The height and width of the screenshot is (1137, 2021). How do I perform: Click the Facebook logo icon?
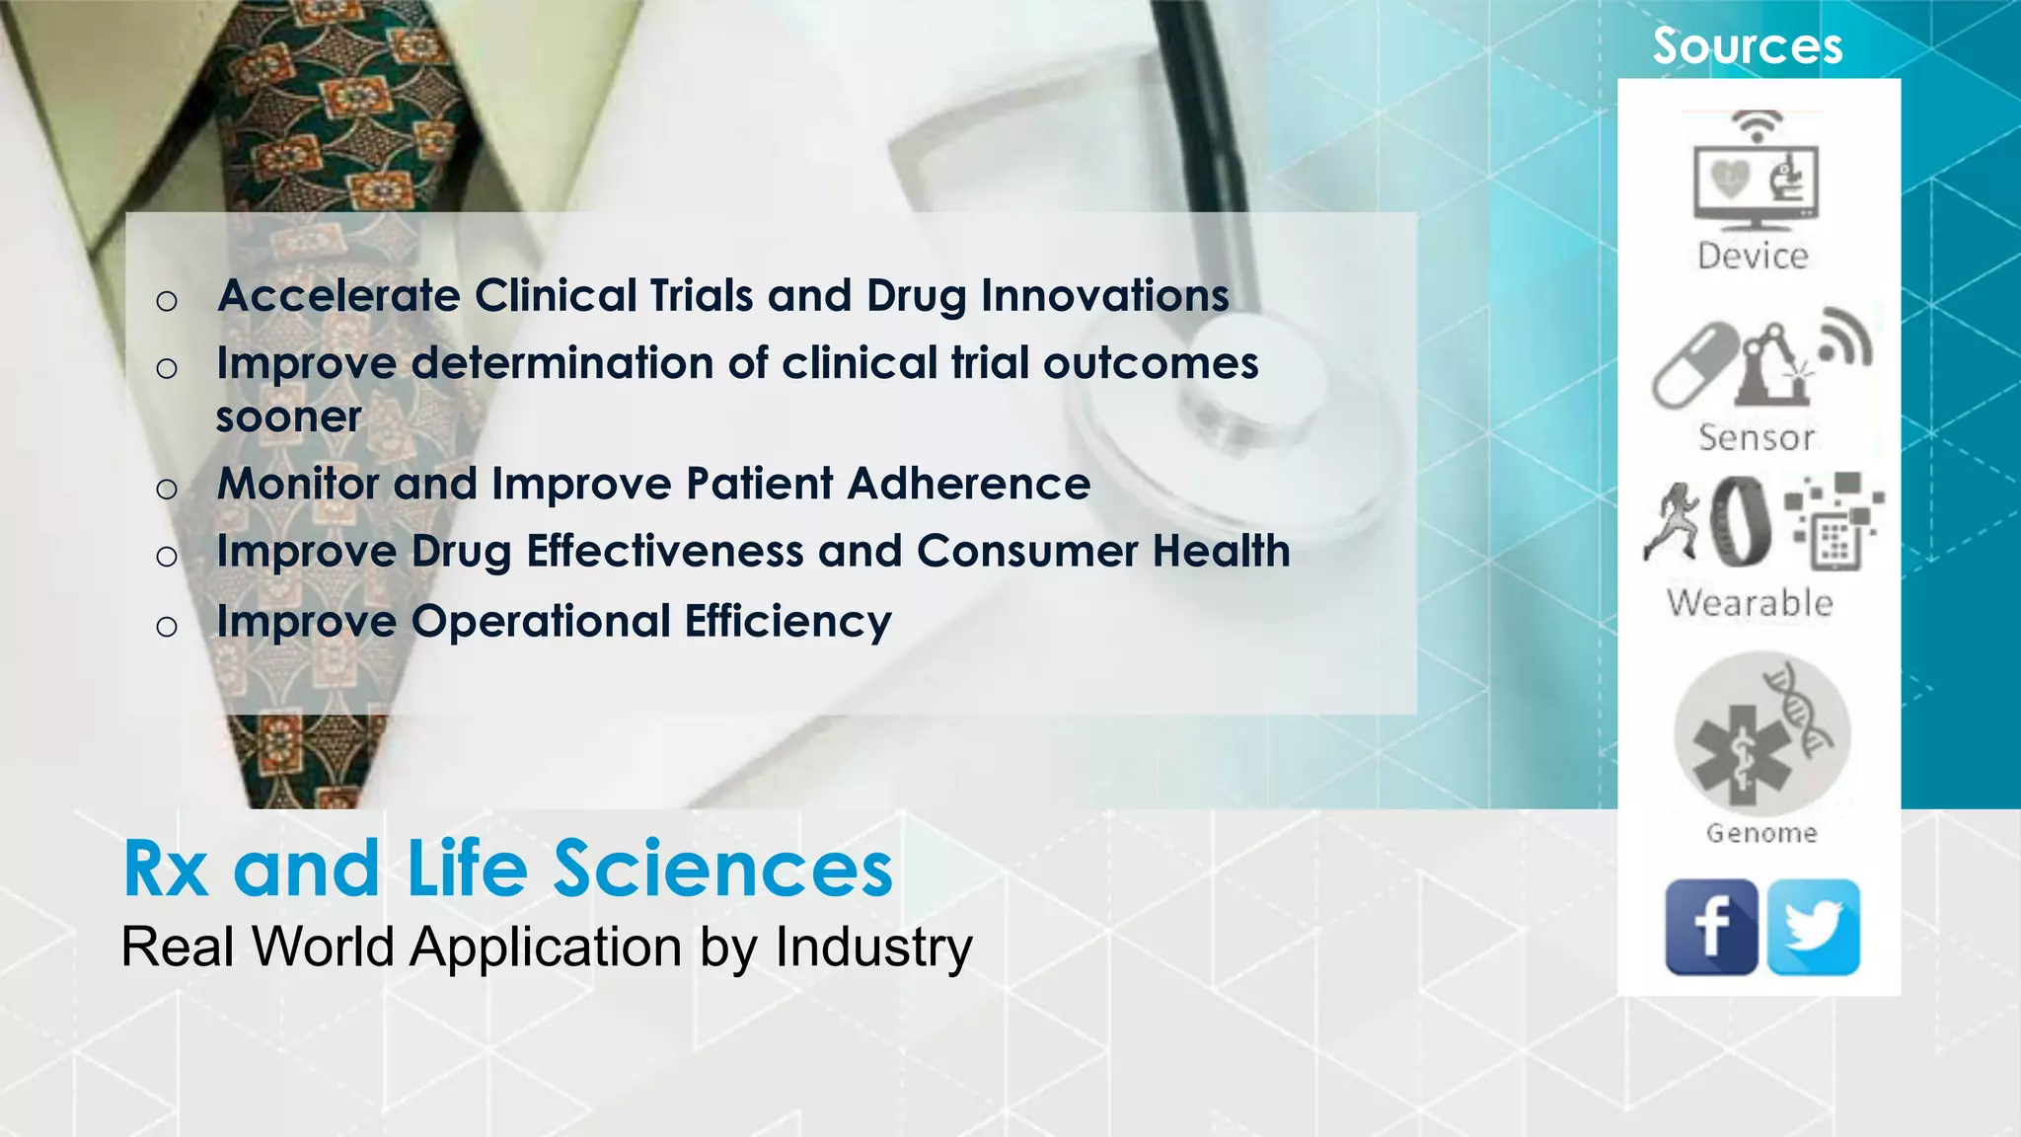[x=1711, y=927]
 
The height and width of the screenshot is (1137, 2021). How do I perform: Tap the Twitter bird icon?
[x=1814, y=927]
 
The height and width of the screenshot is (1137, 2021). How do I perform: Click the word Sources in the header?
[x=1748, y=46]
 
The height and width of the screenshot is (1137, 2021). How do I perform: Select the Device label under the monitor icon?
[x=1753, y=257]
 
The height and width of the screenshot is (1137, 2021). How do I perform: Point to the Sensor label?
[x=1757, y=437]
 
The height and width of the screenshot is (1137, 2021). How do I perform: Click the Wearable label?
[x=1750, y=603]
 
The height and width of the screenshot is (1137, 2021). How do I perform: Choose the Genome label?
[x=1761, y=834]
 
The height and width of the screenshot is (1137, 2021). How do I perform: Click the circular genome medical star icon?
[x=1761, y=735]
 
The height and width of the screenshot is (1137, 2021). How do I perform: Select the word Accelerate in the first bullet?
[x=338, y=296]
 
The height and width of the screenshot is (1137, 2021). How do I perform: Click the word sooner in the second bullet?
[x=288, y=417]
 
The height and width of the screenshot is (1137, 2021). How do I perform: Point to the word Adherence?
[x=968, y=484]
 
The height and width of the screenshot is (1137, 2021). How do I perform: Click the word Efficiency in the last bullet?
[x=787, y=622]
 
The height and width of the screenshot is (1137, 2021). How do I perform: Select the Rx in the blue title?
[x=166, y=870]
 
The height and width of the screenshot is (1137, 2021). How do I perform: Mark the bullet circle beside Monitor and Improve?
[x=167, y=489]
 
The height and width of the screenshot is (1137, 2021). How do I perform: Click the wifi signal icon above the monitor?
[x=1758, y=124]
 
